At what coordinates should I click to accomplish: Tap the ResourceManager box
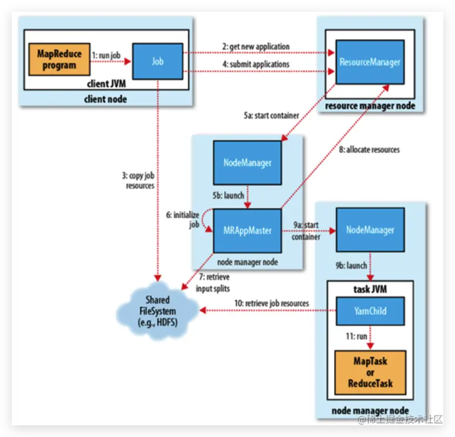pyautogui.click(x=370, y=62)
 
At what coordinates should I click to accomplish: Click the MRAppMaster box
pyautogui.click(x=248, y=230)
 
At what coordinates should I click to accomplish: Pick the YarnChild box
pyautogui.click(x=370, y=311)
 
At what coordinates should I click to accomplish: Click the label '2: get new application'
pyautogui.click(x=255, y=46)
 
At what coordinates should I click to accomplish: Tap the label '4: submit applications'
pyautogui.click(x=255, y=64)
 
